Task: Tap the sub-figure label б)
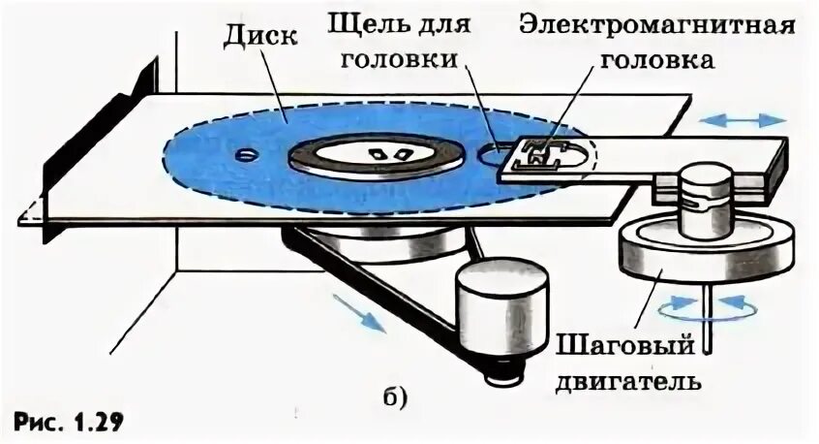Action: click(x=394, y=396)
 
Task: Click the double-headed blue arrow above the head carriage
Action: click(x=743, y=120)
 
